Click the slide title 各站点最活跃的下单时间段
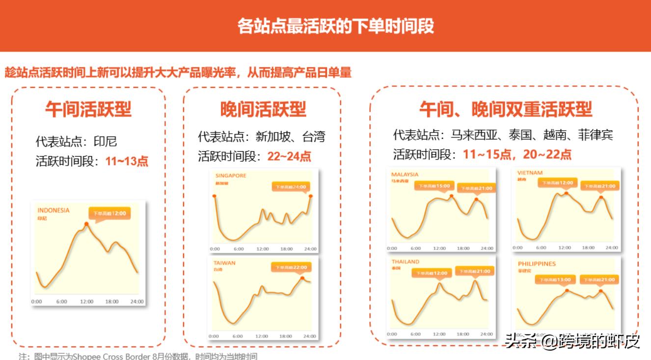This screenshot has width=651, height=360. point(336,26)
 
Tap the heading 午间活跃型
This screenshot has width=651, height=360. point(88,109)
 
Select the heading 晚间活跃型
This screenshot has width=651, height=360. point(263,109)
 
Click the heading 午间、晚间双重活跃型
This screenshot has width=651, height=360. point(506,109)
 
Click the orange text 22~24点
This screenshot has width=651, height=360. point(289,156)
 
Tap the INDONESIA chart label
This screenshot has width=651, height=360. point(54,210)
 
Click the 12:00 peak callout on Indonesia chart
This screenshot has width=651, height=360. point(110,214)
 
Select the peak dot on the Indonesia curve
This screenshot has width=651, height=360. point(86,224)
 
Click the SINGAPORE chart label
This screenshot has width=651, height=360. point(231,175)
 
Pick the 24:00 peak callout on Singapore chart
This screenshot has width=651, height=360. point(291,187)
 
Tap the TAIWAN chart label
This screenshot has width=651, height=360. point(224,263)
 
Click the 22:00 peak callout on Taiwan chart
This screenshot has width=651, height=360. point(291,268)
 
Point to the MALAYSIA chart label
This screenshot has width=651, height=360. point(405,174)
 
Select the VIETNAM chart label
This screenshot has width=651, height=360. point(530,173)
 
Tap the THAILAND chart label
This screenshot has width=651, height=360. point(406,262)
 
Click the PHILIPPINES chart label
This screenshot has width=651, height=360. point(537,264)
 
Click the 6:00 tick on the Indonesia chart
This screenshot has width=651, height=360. point(61,302)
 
